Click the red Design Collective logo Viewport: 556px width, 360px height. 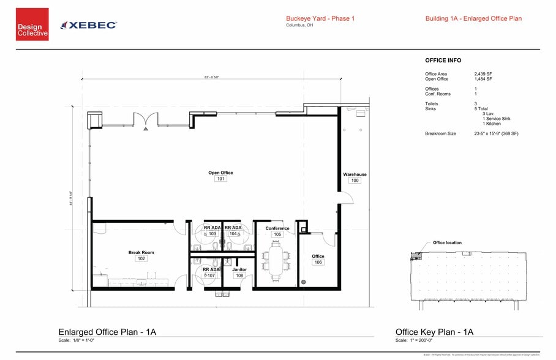coord(32,24)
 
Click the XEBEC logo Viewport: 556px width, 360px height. coord(89,25)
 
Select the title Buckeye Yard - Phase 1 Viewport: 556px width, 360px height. coord(320,18)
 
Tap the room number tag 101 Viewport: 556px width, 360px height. coord(220,179)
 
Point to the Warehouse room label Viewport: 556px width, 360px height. coord(355,174)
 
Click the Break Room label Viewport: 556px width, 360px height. coord(141,252)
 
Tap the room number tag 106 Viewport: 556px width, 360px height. coord(318,262)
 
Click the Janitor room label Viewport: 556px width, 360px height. coord(239,269)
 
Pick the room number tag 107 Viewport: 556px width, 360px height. coord(211,276)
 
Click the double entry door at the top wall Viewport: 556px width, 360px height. coord(145,121)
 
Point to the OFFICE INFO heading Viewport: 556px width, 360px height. coord(443,61)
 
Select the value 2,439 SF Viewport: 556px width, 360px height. coord(483,74)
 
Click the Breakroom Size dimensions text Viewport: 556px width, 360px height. coord(496,133)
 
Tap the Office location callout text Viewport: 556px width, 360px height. coord(447,242)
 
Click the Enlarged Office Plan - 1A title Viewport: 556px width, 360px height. coord(107,332)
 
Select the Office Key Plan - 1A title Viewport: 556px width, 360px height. coord(434,332)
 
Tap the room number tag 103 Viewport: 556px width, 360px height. coord(212,234)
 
